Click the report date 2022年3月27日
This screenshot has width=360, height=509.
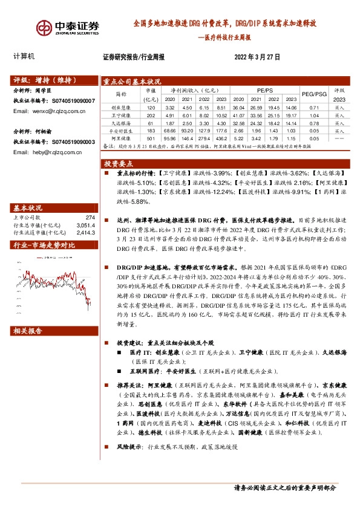258,57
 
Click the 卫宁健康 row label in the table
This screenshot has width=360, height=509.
122,114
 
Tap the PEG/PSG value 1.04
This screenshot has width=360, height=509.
313,114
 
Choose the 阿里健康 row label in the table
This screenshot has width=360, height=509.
122,138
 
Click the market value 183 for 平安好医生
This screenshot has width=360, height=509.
151,130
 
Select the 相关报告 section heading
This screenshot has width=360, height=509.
28,331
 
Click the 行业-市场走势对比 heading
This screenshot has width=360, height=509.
45,245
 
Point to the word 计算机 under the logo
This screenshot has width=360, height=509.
24,57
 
